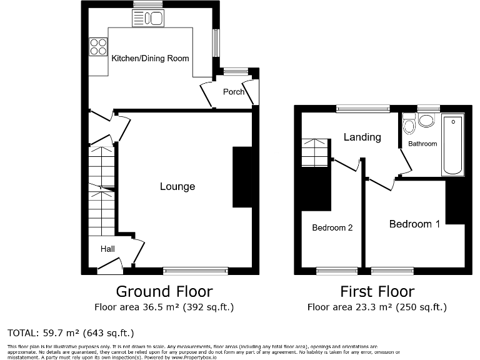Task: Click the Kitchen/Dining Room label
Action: pos(150,58)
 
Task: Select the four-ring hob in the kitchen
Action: pos(98,47)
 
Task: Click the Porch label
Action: pos(234,92)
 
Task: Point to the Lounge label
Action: pos(177,186)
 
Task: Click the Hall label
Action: pos(107,249)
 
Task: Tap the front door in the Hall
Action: pos(110,267)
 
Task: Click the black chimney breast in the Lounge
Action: pos(242,177)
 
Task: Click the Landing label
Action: pos(362,137)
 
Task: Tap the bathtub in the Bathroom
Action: pos(452,145)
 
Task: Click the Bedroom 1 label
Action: pos(414,224)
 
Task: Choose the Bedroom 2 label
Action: pos(332,228)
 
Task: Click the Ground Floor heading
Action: pos(164,291)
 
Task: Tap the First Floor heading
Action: pos(377,291)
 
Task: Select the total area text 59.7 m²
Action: pos(71,332)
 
